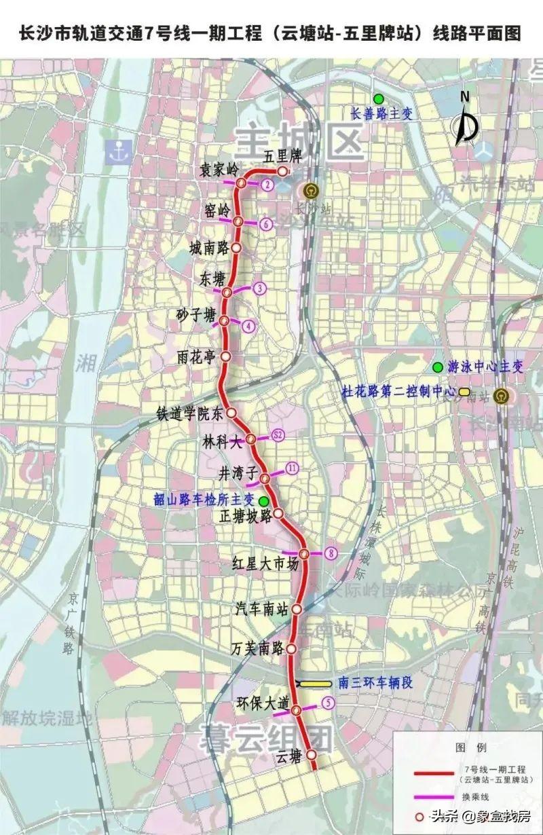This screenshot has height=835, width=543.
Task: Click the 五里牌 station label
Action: tap(282, 157)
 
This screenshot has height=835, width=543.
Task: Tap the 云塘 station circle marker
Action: tap(311, 754)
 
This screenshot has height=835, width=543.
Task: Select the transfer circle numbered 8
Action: tap(331, 553)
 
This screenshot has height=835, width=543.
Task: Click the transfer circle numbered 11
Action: tap(292, 468)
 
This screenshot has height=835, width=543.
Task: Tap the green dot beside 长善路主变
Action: tap(378, 99)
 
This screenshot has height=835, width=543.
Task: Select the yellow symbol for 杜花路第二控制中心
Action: tap(464, 392)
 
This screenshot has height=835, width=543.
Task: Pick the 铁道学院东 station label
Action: tap(189, 413)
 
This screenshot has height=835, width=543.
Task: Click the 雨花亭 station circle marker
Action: tap(226, 356)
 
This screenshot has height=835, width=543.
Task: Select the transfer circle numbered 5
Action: tap(329, 703)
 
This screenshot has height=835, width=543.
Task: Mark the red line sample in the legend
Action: tap(434, 773)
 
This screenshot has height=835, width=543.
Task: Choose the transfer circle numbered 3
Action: tap(258, 289)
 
